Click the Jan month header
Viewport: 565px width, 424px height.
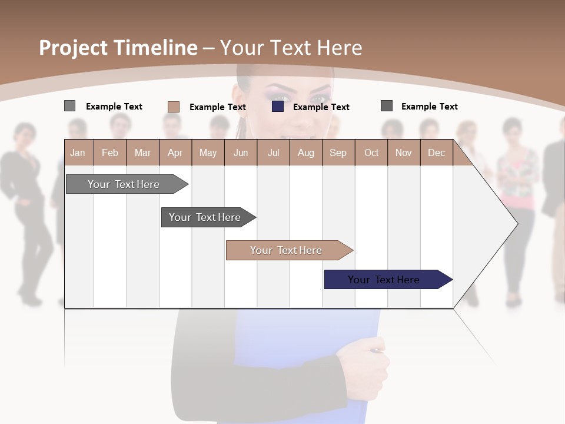pyautogui.click(x=78, y=153)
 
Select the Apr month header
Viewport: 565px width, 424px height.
pyautogui.click(x=175, y=153)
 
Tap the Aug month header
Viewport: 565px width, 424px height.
pyautogui.click(x=305, y=153)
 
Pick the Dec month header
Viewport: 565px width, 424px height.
pyautogui.click(x=436, y=153)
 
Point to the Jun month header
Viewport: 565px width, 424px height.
pyautogui.click(x=240, y=153)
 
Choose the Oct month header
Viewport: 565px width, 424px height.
pyautogui.click(x=371, y=153)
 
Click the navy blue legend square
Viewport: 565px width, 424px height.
pyautogui.click(x=278, y=107)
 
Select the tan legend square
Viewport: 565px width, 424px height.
pyautogui.click(x=174, y=107)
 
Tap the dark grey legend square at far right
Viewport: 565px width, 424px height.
pyautogui.click(x=387, y=106)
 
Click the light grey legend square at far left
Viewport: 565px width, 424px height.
pyautogui.click(x=69, y=106)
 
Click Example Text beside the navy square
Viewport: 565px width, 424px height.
pyautogui.click(x=321, y=107)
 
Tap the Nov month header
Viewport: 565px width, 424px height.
pyautogui.click(x=404, y=153)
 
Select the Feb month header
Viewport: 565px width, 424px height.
pyautogui.click(x=110, y=153)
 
